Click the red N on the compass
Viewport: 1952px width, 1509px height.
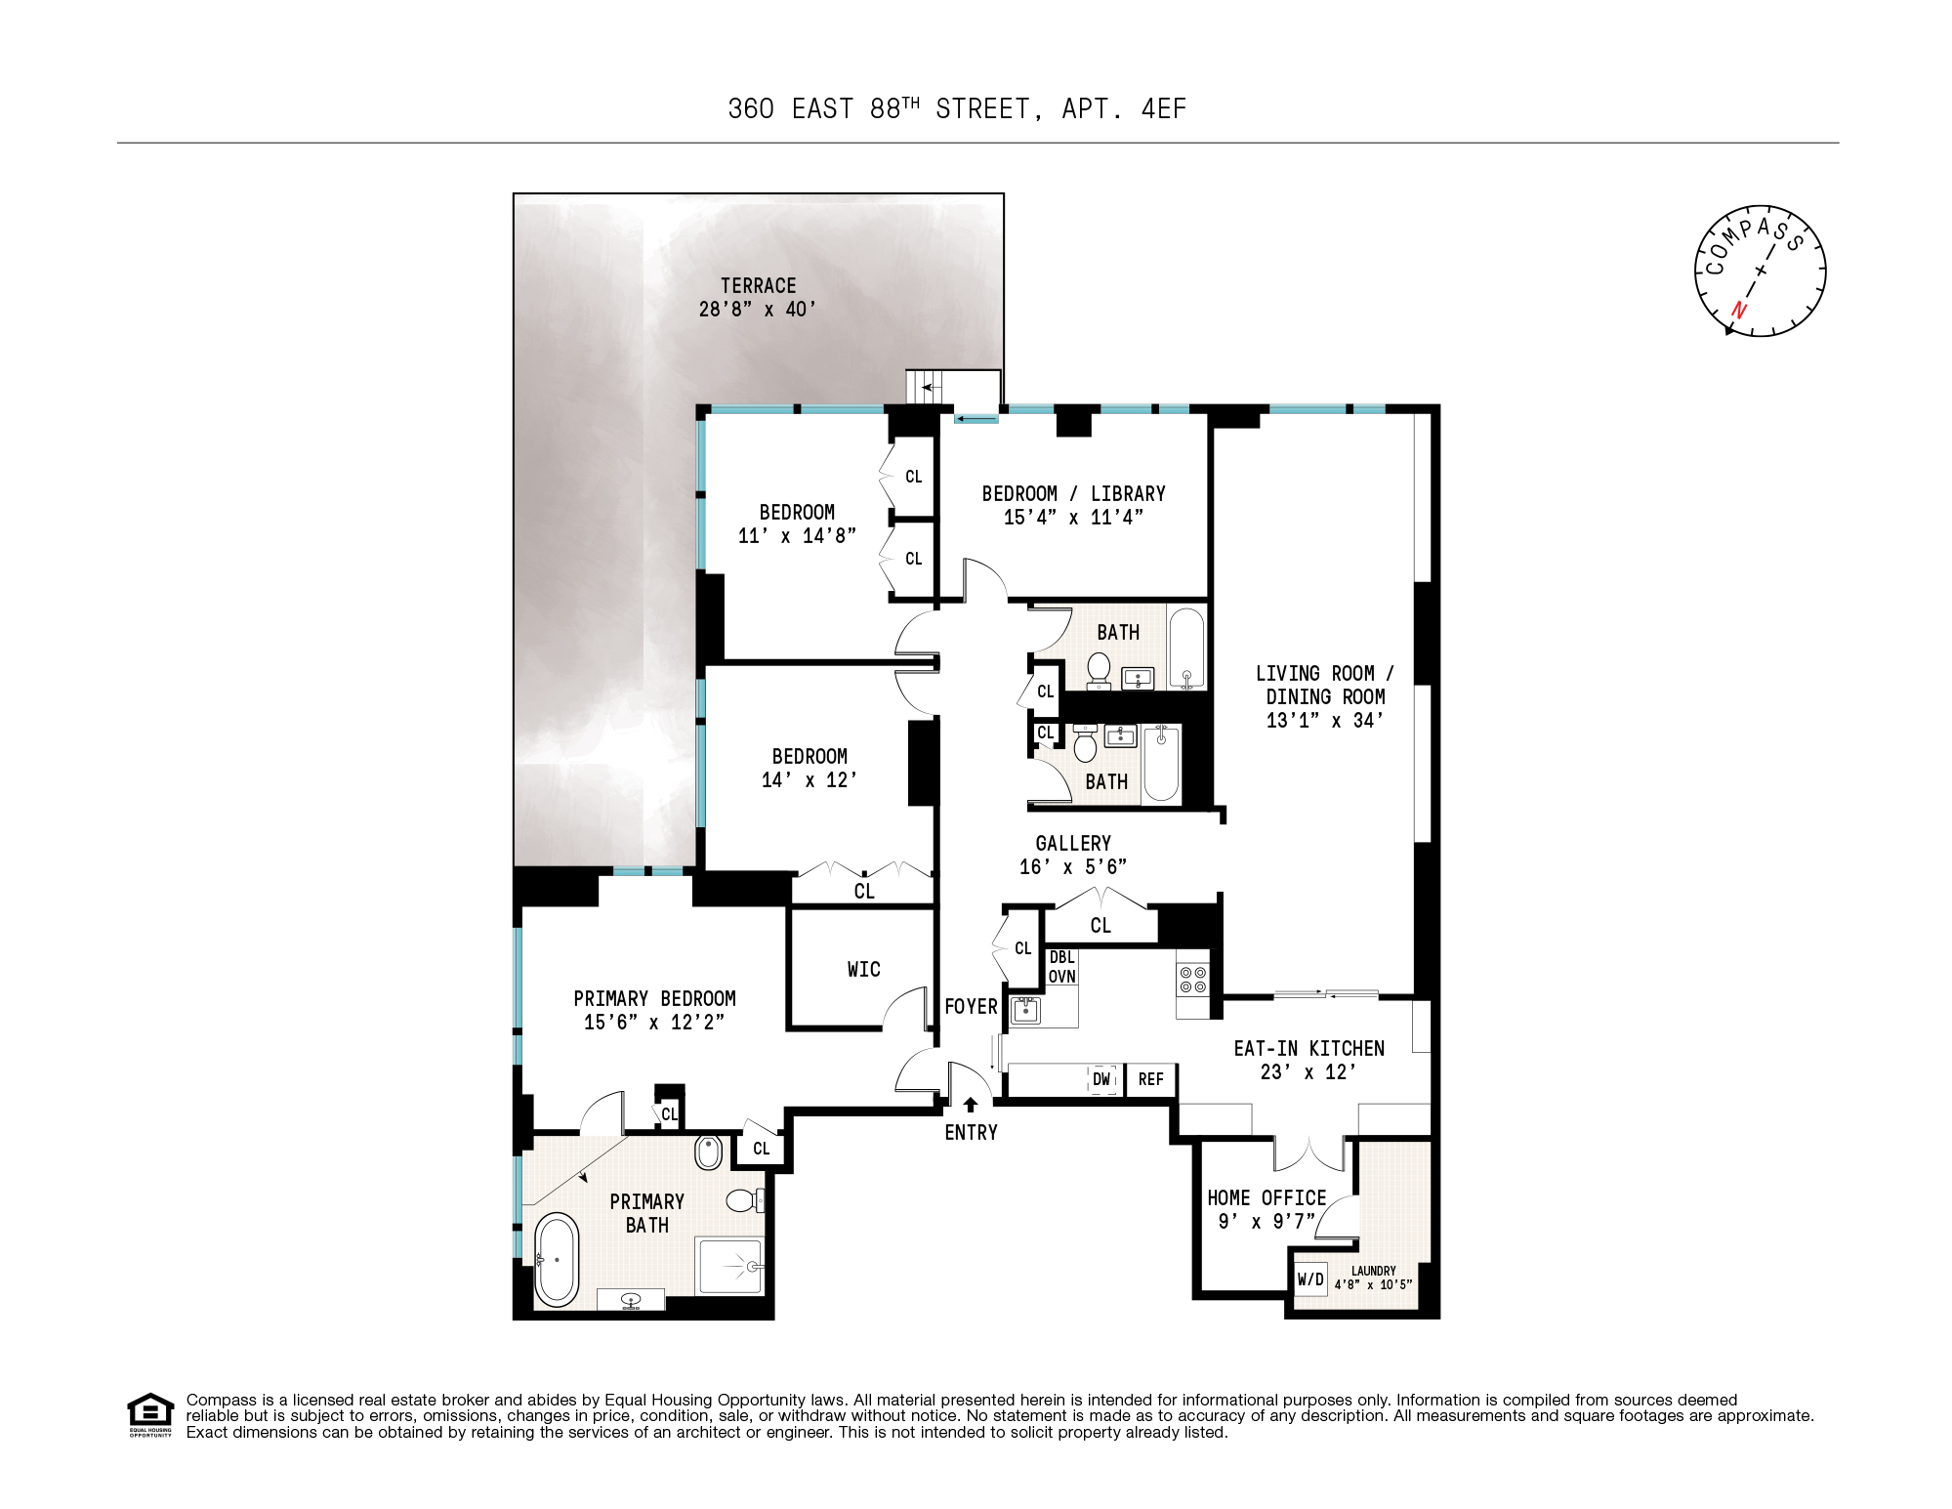(1738, 311)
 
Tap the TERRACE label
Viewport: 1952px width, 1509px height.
(758, 286)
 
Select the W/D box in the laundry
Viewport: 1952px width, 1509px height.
(1310, 1279)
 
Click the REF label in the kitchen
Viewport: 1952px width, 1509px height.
(1150, 1079)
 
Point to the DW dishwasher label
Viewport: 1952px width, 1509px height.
(1101, 1079)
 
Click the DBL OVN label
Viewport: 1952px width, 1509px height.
(1061, 967)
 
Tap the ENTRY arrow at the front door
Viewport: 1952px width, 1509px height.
(970, 1105)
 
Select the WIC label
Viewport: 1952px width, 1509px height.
(863, 969)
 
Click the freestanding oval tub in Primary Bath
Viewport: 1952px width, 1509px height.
(557, 1260)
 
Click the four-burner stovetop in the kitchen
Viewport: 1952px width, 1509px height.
(1192, 980)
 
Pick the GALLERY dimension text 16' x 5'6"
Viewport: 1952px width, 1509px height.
(1072, 866)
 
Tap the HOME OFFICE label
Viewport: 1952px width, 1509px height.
(1267, 1197)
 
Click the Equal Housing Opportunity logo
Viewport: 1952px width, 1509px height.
(150, 1414)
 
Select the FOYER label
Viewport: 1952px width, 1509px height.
(971, 1006)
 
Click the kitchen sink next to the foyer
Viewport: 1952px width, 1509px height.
(1024, 1010)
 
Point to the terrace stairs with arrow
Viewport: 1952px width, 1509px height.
(928, 388)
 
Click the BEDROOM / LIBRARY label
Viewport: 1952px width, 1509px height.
(1073, 493)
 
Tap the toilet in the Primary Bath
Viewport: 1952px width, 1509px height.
(742, 1200)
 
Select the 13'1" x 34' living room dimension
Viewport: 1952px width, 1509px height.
(1324, 721)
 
